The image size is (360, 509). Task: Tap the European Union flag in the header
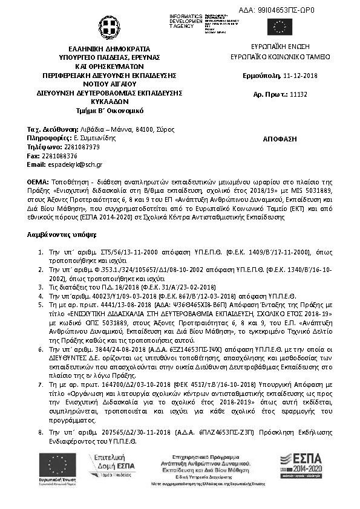[x=280, y=27]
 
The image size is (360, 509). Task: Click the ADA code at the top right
[x=287, y=10]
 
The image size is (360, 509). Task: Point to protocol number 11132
[x=299, y=94]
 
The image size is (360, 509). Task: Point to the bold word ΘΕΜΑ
[x=38, y=181]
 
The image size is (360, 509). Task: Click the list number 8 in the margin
[x=41, y=433]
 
